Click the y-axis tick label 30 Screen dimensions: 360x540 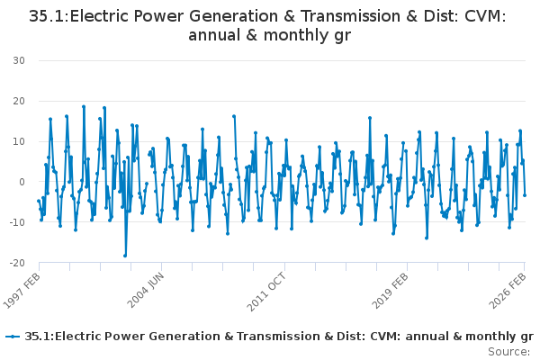[19, 60]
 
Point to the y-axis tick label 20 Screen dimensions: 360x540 [19, 101]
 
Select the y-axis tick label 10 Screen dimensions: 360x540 [19, 141]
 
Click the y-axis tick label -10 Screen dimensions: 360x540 [17, 222]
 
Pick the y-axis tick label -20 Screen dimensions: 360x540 [17, 263]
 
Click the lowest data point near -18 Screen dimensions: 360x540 [125, 256]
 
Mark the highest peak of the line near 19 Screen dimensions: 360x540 [84, 106]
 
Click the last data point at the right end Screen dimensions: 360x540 [525, 195]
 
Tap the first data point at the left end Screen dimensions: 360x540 [38, 201]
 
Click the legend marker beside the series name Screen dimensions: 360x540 [13, 337]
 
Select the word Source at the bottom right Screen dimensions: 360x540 [509, 351]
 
